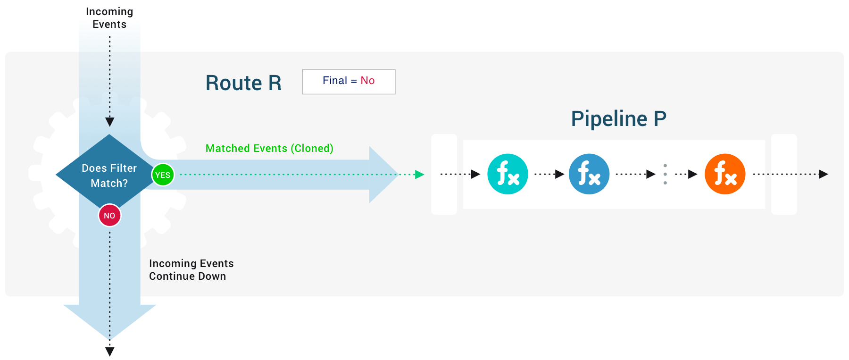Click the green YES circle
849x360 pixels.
pyautogui.click(x=163, y=175)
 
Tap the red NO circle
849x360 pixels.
pyautogui.click(x=109, y=216)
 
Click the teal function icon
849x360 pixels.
pyautogui.click(x=508, y=174)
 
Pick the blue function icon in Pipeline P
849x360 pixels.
pyautogui.click(x=589, y=174)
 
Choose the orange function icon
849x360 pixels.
pyautogui.click(x=725, y=174)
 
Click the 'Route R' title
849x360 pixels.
pyautogui.click(x=243, y=83)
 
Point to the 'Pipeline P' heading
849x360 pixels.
pyautogui.click(x=618, y=119)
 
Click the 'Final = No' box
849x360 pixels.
pyautogui.click(x=349, y=82)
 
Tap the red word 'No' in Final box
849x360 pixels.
pyautogui.click(x=367, y=81)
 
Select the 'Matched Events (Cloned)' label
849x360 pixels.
pyautogui.click(x=269, y=148)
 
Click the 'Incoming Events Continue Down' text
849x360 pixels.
pyautogui.click(x=191, y=270)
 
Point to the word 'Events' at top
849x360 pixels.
pyautogui.click(x=109, y=25)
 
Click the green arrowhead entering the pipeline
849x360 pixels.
pyautogui.click(x=419, y=175)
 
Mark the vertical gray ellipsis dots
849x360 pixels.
pyautogui.click(x=665, y=174)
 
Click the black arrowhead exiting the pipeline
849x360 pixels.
pyautogui.click(x=824, y=174)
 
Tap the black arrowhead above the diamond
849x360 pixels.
pyautogui.click(x=110, y=122)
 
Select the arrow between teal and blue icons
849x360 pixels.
pyautogui.click(x=549, y=174)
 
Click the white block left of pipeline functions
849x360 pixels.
pyautogui.click(x=444, y=174)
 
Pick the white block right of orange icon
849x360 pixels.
pyautogui.click(x=784, y=174)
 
